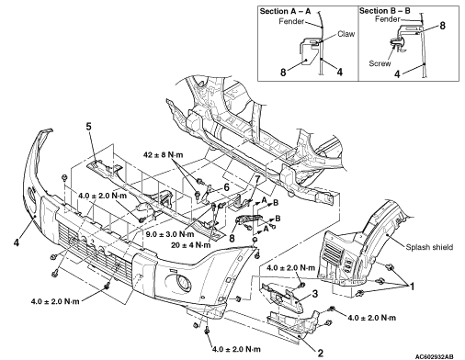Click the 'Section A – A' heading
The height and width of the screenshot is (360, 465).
285,12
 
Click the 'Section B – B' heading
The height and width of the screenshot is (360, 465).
385,11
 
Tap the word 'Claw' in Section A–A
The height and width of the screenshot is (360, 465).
346,34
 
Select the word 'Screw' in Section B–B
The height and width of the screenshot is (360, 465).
380,63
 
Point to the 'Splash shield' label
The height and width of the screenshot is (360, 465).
429,247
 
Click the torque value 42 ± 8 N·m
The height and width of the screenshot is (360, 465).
163,155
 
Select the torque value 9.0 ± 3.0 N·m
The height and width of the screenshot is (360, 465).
170,234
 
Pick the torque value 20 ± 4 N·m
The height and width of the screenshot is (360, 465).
191,245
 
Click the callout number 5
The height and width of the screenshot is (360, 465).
88,127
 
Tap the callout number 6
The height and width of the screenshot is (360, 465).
226,187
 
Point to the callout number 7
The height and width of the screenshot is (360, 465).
257,179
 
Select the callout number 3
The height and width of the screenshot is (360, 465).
315,294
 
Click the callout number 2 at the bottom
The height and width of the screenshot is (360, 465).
321,353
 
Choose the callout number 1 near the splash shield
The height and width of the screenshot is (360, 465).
412,287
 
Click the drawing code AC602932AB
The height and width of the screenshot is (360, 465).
435,356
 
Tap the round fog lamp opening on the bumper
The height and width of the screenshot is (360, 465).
182,282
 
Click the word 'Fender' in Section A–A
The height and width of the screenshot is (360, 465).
291,21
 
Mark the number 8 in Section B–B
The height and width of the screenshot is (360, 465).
442,26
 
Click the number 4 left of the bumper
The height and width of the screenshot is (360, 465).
17,242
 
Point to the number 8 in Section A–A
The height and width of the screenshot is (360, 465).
283,73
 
